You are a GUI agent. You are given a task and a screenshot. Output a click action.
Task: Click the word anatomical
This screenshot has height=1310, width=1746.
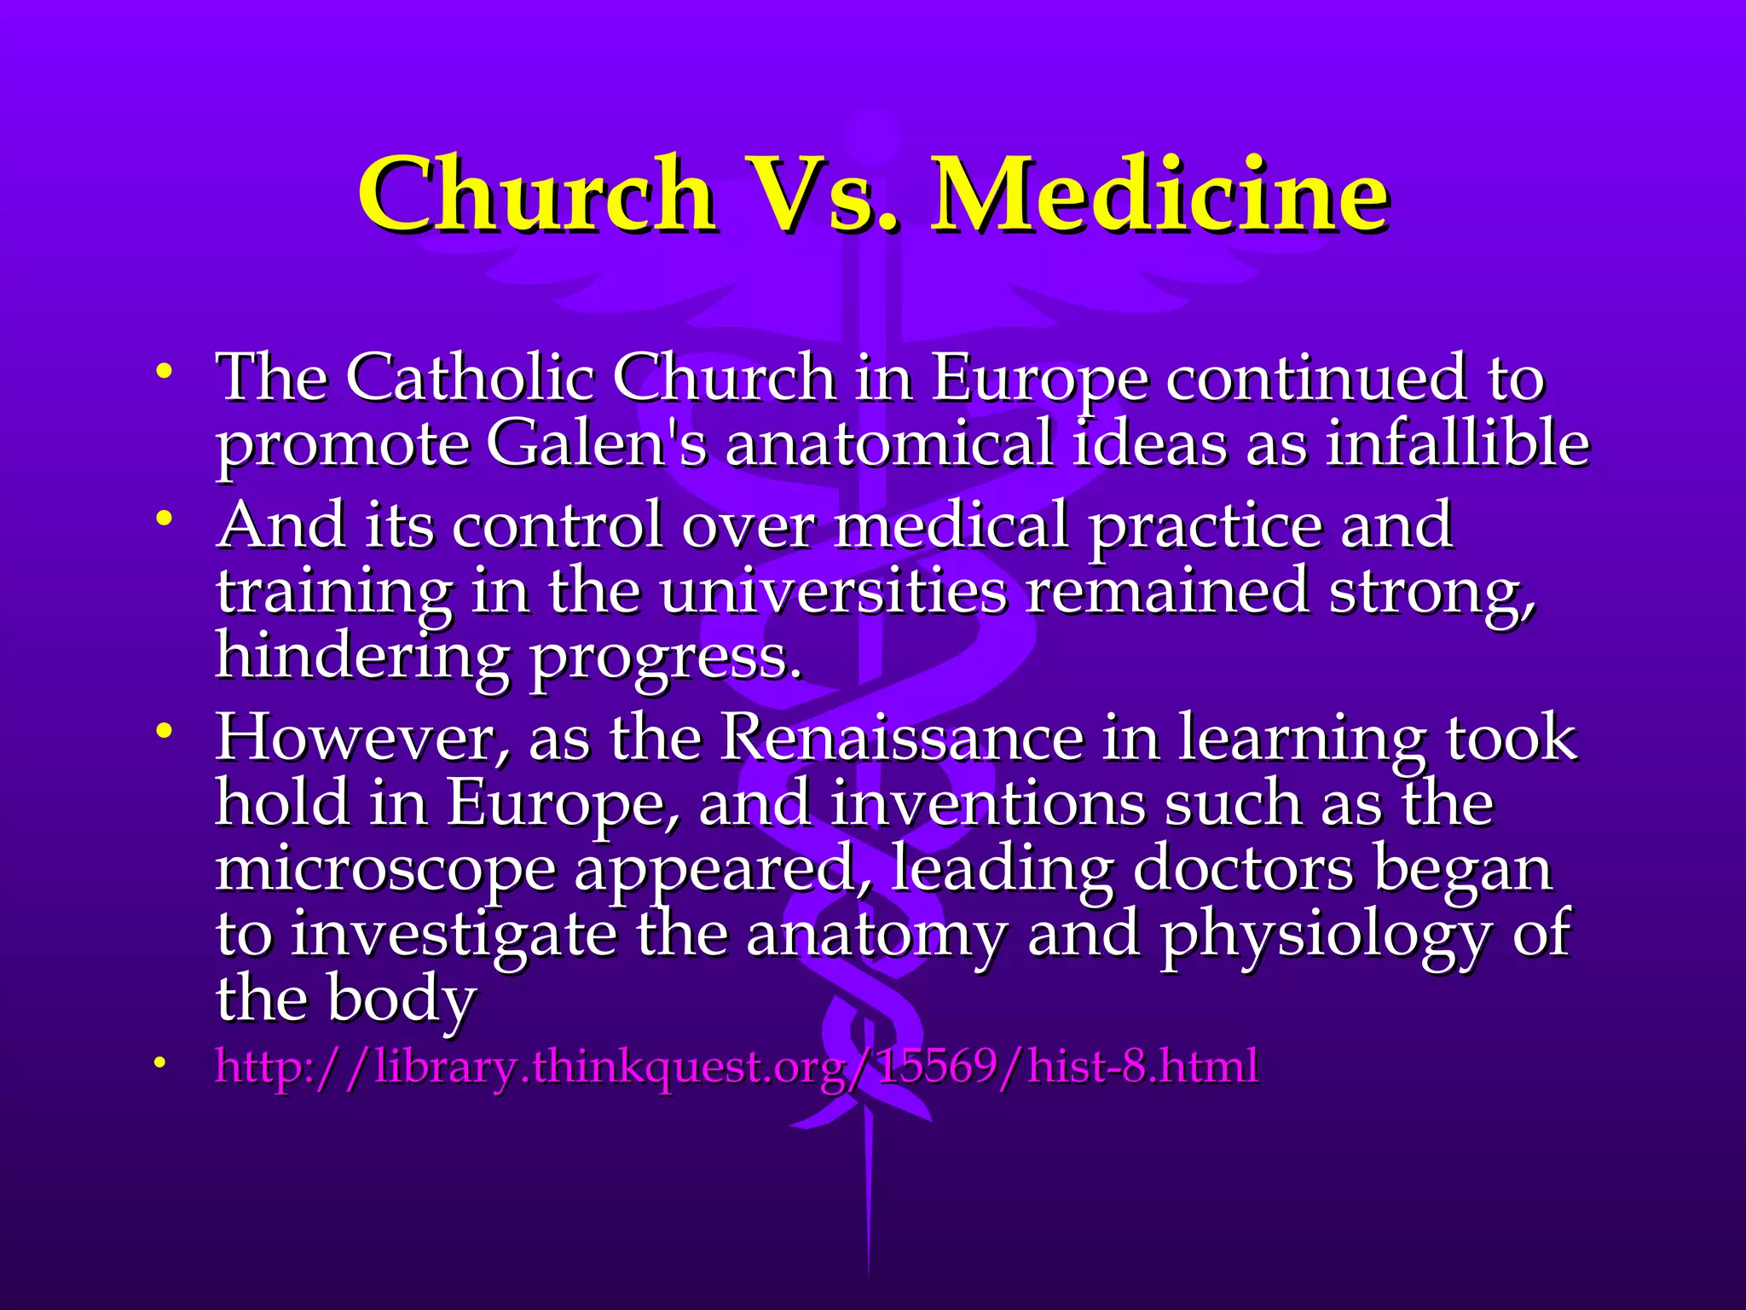click(888, 444)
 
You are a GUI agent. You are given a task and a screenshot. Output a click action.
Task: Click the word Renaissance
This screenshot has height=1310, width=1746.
click(901, 738)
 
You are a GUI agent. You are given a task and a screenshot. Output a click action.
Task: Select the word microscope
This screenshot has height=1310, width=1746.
click(384, 870)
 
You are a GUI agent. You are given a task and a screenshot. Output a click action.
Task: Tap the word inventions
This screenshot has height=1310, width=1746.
click(987, 804)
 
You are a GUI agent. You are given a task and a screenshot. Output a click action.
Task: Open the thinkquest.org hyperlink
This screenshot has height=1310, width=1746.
click(736, 1067)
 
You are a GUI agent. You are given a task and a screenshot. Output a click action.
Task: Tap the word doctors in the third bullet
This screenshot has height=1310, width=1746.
click(1243, 870)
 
